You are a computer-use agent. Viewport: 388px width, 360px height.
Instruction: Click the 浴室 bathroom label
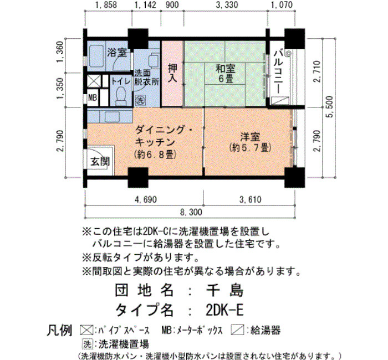(x=117, y=53)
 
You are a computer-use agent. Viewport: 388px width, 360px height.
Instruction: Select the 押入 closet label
(x=172, y=73)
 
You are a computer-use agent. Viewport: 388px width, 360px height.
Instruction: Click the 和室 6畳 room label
(x=225, y=74)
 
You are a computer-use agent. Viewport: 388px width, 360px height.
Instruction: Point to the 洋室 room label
(x=250, y=137)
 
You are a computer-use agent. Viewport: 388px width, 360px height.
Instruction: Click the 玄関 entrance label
(x=100, y=161)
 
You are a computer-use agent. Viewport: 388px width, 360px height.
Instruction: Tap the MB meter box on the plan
(x=93, y=97)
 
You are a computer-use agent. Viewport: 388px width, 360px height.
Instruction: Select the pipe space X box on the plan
(x=94, y=81)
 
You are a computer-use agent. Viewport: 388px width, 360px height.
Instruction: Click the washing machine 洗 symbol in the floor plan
(x=140, y=101)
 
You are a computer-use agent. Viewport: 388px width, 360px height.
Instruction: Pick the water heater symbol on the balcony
(x=280, y=101)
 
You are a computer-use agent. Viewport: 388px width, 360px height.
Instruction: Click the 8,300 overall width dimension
(x=191, y=212)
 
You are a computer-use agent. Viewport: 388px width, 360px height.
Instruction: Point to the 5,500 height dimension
(x=330, y=107)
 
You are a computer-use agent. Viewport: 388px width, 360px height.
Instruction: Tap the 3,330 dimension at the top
(x=227, y=5)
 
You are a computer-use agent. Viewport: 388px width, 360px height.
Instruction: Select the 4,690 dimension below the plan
(x=146, y=199)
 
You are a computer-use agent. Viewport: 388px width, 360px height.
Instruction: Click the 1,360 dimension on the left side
(x=60, y=52)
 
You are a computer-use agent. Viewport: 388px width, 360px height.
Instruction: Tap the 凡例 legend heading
(x=59, y=330)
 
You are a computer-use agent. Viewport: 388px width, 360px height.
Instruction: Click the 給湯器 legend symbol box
(x=237, y=330)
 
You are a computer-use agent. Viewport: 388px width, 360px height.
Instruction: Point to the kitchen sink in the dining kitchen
(x=112, y=117)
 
